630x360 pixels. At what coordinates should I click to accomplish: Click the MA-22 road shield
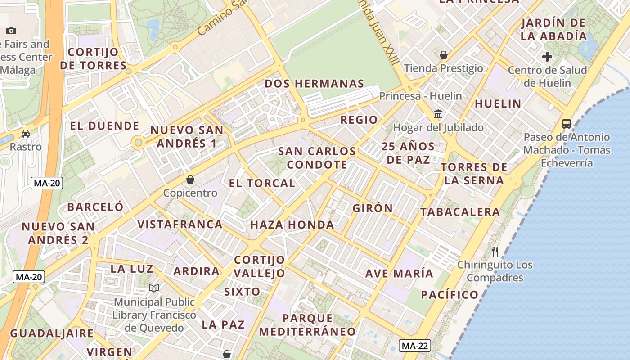414,346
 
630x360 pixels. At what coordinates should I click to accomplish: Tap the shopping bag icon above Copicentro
190,180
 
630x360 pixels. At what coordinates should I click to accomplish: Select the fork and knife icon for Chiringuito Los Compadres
495,251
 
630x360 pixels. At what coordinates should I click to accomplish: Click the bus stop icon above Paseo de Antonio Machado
567,123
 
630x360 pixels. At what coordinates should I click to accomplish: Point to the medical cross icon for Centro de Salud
547,57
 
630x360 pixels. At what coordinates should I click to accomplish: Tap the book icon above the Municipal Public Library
154,288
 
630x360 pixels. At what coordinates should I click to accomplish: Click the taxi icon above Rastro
26,134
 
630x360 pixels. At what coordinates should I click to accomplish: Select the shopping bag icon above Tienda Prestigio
444,55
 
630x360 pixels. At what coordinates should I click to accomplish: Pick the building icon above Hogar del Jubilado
438,114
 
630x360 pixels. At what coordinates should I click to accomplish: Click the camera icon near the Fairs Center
11,31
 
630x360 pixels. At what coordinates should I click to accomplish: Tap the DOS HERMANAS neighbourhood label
314,84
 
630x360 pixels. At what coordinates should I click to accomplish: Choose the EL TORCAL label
262,183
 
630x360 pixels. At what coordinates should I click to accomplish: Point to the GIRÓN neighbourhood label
373,208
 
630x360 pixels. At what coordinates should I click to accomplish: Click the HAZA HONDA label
292,225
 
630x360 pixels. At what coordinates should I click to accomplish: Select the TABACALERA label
460,211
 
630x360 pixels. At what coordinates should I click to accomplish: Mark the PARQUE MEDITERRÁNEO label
307,325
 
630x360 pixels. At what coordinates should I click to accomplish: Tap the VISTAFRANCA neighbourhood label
180,224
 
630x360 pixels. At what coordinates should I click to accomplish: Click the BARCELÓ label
95,207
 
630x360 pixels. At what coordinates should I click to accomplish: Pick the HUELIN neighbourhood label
498,103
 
